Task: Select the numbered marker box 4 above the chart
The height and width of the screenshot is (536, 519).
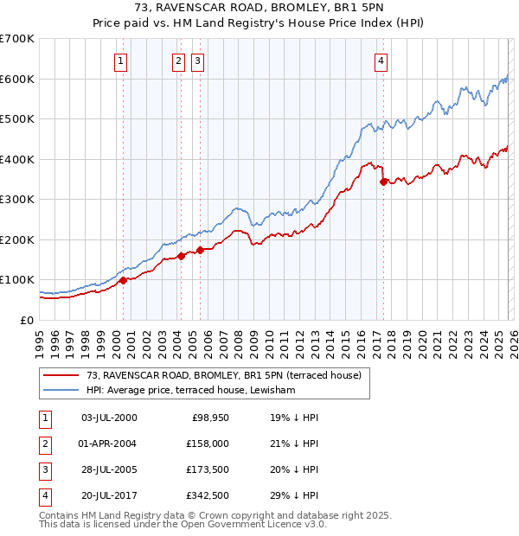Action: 381,61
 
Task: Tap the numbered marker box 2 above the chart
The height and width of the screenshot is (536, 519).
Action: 177,61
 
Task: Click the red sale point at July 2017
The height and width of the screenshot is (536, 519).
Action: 383,182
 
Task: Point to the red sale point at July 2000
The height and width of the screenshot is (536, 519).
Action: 123,280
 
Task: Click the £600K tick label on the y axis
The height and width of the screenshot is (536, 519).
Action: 16,79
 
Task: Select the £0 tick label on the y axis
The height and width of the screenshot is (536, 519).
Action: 27,320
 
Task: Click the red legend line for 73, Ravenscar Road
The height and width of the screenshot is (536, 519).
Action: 61,375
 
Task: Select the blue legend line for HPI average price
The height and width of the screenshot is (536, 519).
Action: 61,391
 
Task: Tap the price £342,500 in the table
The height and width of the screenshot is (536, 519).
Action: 208,496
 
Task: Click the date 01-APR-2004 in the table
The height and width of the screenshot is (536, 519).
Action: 108,443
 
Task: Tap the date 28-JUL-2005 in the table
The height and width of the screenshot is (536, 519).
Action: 108,470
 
